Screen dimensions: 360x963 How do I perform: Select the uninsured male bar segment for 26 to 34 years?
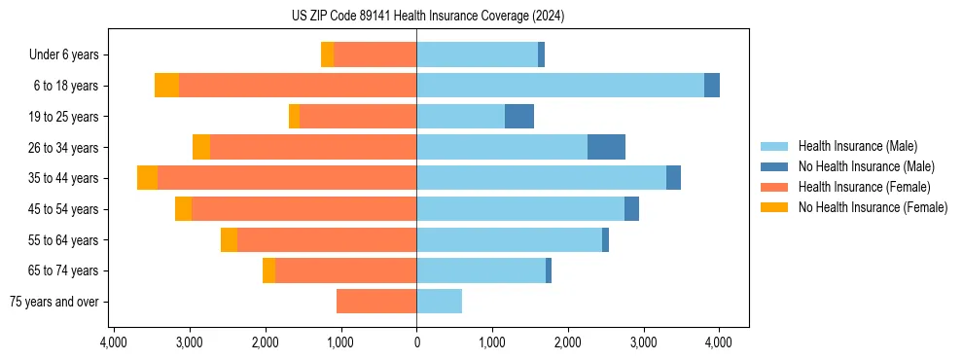(x=606, y=147)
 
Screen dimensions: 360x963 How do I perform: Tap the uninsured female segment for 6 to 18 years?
(x=166, y=86)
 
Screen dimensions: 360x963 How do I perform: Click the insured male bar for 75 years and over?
(x=439, y=302)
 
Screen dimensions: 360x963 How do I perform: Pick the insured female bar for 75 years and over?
(x=376, y=302)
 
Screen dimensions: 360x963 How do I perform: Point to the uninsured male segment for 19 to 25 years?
(x=519, y=117)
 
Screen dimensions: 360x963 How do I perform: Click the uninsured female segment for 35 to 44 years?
(x=147, y=178)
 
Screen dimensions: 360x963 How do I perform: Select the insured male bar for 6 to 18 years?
(x=560, y=86)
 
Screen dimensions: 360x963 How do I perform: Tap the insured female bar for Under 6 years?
(x=374, y=54)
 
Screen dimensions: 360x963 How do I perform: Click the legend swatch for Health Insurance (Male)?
(x=774, y=146)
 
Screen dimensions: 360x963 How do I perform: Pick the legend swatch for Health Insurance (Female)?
(x=774, y=187)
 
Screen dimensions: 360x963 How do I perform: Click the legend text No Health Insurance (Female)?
(x=873, y=207)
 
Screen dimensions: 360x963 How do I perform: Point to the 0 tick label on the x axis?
(x=416, y=342)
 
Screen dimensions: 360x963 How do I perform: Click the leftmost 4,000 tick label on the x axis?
(x=114, y=342)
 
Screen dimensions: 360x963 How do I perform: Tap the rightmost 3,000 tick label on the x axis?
(x=643, y=342)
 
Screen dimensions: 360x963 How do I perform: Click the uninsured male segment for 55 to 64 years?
(x=605, y=239)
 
